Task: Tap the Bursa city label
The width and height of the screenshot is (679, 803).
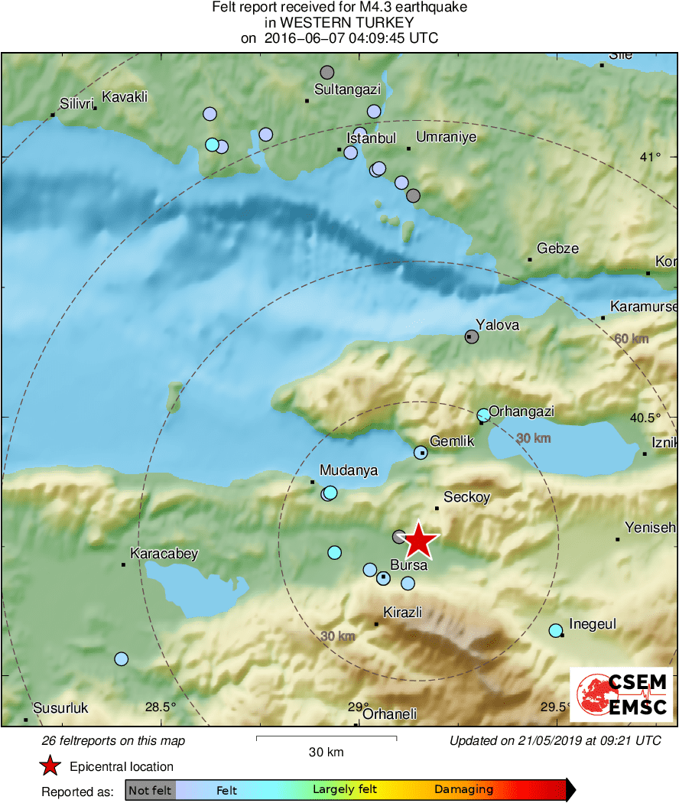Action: coord(408,566)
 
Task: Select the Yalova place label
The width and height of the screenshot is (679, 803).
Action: coord(497,325)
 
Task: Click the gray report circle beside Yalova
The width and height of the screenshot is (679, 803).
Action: coord(472,336)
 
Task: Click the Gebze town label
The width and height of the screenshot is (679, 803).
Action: coord(557,249)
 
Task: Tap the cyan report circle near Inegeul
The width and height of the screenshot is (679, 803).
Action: coord(556,630)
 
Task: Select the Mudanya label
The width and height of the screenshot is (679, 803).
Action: coord(349,470)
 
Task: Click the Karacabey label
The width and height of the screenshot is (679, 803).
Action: coord(164,553)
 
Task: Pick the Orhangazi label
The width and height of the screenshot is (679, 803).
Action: coord(521,411)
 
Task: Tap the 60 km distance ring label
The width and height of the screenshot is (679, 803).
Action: coord(632,339)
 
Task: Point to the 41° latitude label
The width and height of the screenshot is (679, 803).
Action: coord(651,157)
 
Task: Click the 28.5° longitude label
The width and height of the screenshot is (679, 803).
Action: coord(161,707)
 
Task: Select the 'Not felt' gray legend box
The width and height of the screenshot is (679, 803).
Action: coord(151,790)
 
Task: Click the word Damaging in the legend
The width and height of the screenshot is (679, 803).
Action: coord(464,790)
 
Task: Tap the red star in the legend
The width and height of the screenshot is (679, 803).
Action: coord(50,766)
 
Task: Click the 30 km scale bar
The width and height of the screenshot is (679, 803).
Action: coord(326,738)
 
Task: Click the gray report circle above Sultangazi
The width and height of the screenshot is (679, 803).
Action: coord(327,73)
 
